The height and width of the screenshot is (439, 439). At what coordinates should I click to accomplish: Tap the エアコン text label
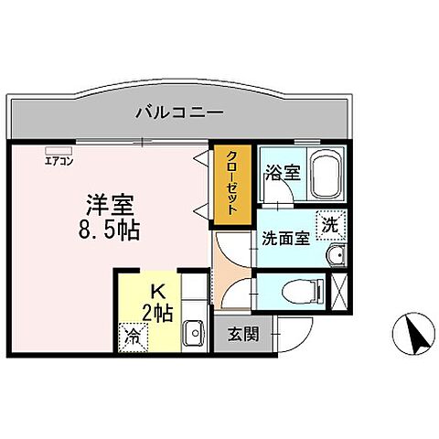point(59,163)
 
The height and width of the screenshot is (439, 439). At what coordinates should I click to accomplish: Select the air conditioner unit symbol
point(57,151)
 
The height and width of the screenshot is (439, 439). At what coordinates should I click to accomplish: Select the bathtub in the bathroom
point(325,174)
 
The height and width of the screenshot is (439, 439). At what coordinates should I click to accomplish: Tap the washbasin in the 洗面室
point(337,254)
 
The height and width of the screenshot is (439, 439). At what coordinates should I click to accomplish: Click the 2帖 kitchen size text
point(157,313)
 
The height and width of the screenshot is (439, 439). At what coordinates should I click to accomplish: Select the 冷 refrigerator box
point(134,336)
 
